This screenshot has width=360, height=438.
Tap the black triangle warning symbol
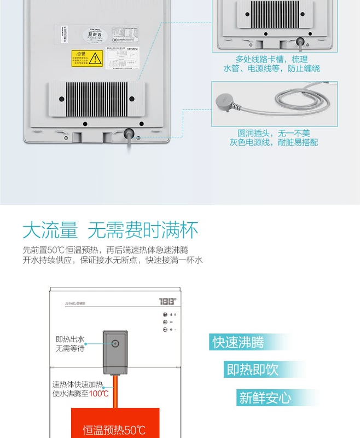pos(95,57)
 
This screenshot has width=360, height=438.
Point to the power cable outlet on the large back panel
pos(130,133)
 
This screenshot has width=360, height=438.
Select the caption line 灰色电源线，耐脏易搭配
pos(274,142)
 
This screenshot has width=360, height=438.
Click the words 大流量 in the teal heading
pos(50,230)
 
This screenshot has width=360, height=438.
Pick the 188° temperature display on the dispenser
pos(167,301)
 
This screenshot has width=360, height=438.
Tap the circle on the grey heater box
pos(115,344)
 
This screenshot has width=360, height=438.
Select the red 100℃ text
pos(99,393)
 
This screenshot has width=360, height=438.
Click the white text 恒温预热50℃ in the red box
pos(114,430)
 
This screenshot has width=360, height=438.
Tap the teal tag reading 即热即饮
pos(253,370)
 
